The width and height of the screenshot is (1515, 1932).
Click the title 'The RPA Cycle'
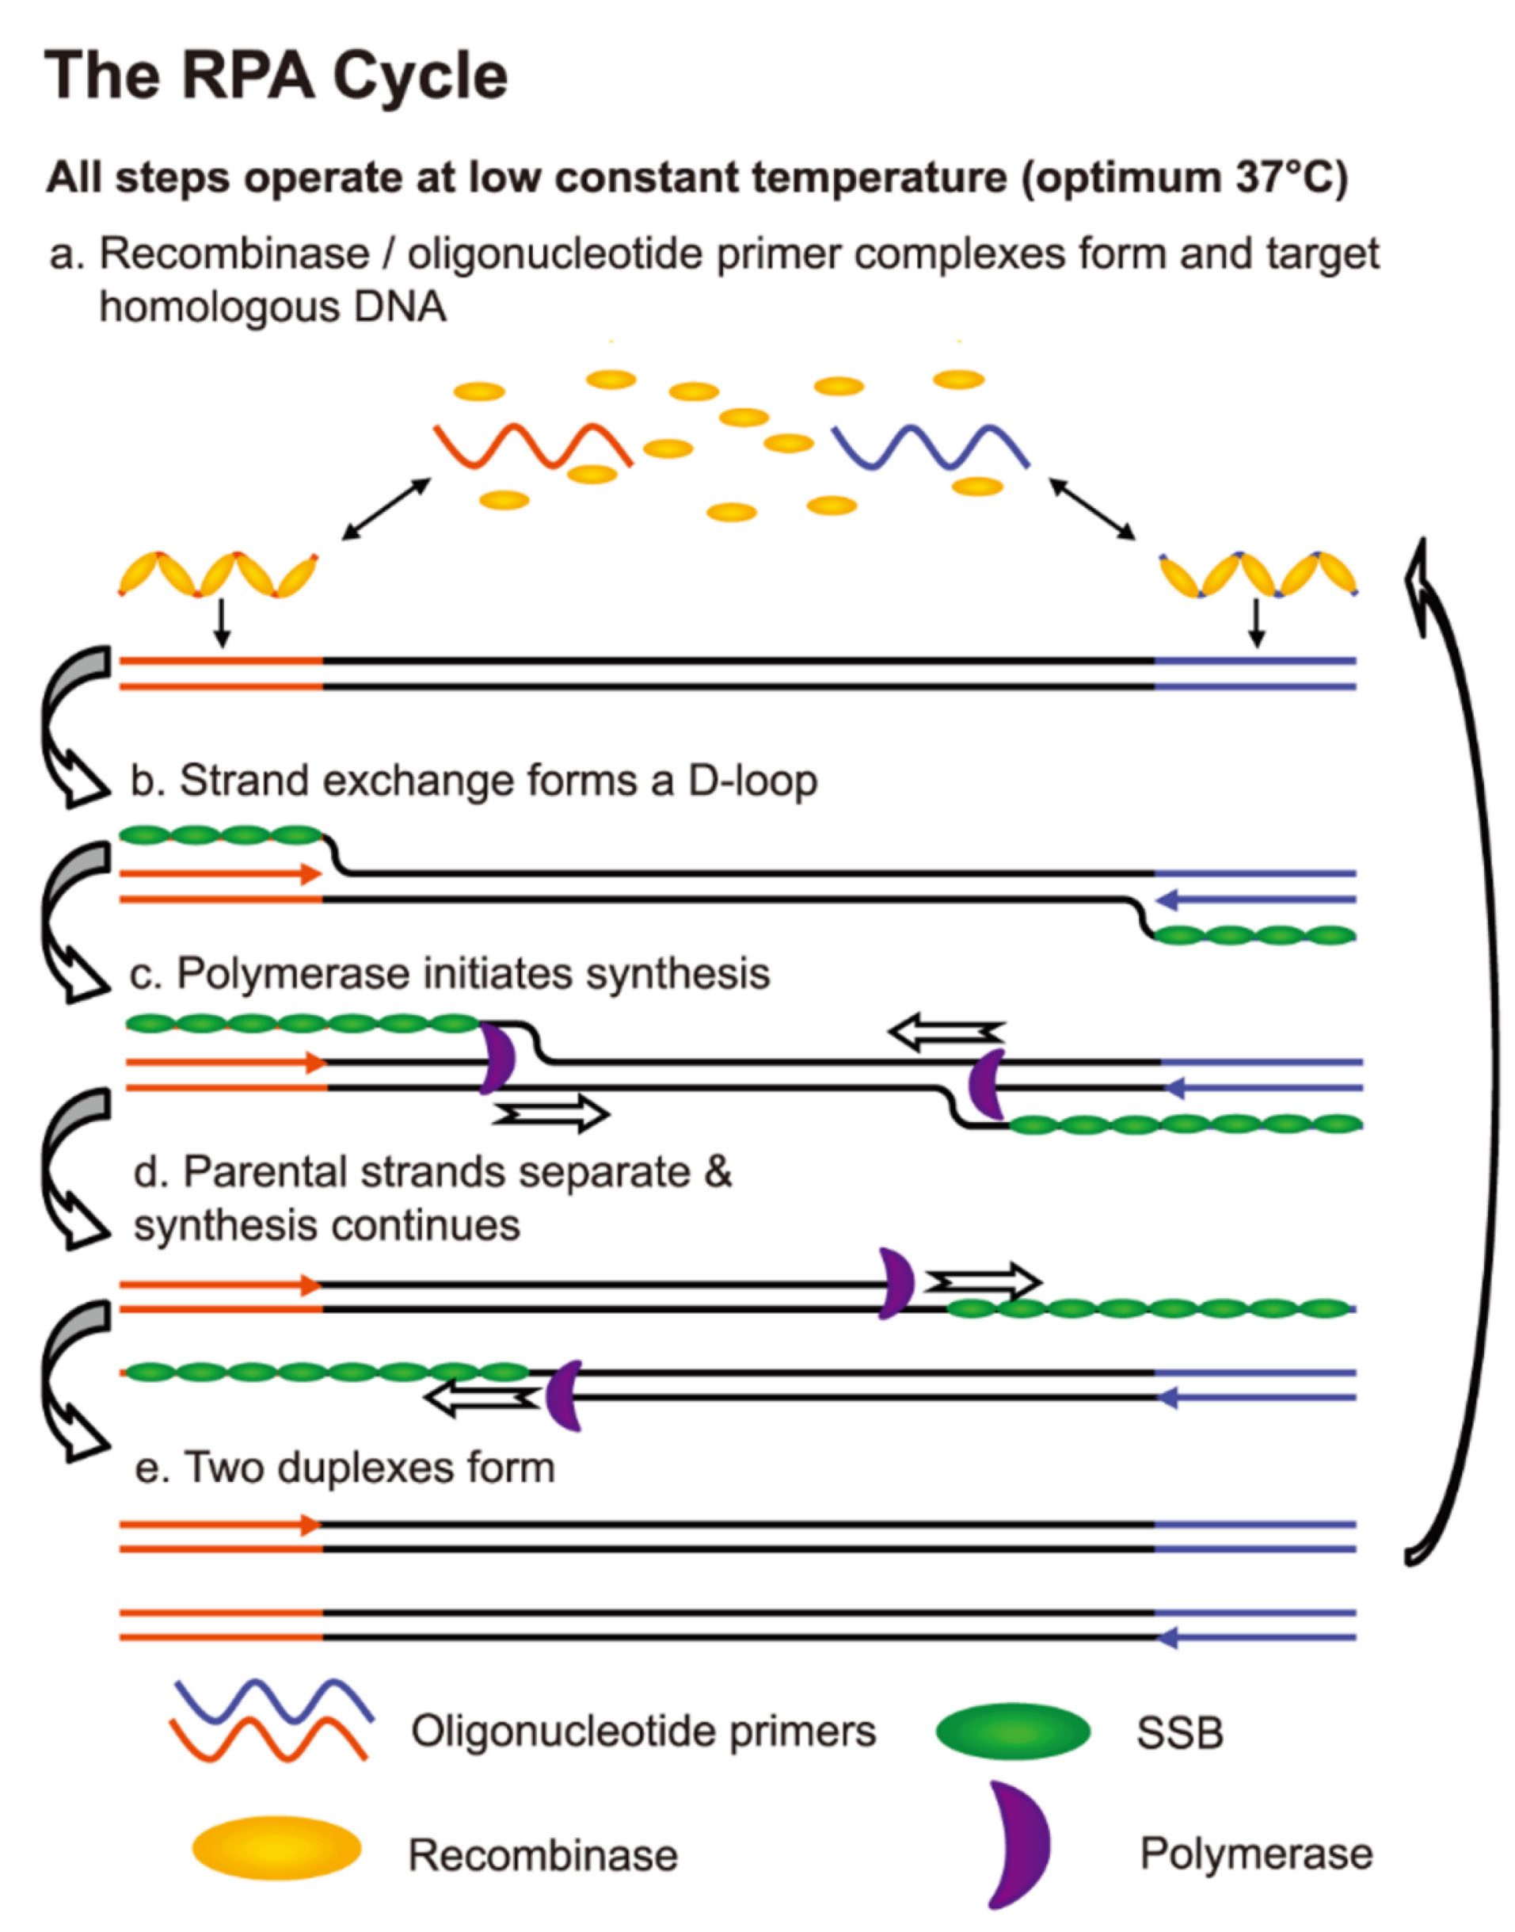(x=276, y=76)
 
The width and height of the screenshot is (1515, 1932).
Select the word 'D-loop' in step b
(x=752, y=781)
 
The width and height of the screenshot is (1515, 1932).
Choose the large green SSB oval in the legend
(x=1013, y=1731)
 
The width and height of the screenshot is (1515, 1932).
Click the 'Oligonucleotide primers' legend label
(x=643, y=1731)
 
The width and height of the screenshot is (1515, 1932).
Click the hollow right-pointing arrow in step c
(x=553, y=1113)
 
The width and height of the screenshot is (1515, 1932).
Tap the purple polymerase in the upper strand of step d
(x=895, y=1283)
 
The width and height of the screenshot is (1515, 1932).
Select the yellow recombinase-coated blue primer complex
(x=1258, y=575)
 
